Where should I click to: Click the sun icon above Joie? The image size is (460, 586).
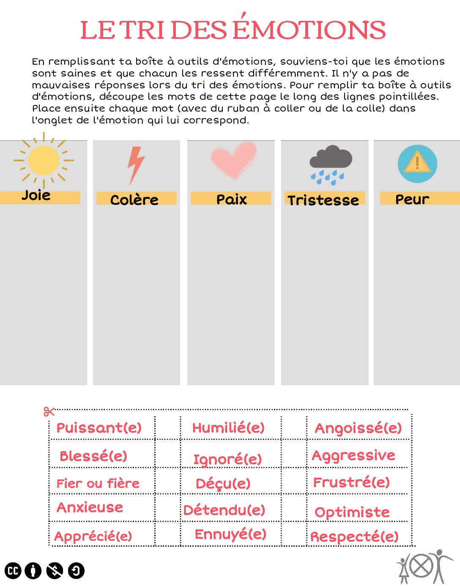44,161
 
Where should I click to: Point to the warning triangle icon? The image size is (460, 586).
417,164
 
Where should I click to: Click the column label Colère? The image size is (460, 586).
134,199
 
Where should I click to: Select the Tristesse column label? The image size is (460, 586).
323,200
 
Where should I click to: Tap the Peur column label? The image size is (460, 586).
412,199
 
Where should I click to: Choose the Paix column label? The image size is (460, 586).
231,199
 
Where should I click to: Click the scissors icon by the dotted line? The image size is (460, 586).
49,411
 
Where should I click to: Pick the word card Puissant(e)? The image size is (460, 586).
99,428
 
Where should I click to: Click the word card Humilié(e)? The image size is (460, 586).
228,428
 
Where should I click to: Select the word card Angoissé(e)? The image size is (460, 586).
358,428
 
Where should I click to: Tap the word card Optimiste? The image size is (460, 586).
352,512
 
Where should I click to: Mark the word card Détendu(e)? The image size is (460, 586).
224,510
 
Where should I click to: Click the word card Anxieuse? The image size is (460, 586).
90,507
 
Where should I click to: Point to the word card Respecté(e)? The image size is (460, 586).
354,537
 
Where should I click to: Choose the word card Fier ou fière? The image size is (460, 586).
98,483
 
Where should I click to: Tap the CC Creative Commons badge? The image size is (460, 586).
13,571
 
